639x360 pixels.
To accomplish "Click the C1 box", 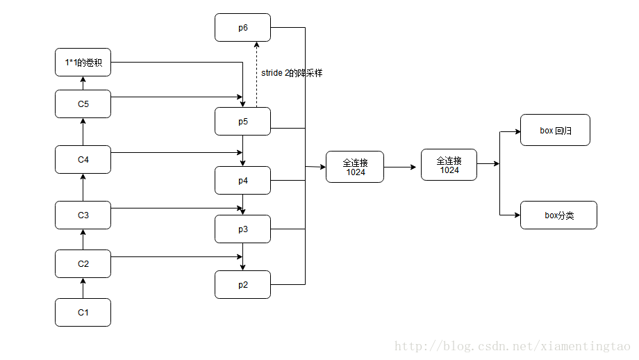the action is coord(83,312).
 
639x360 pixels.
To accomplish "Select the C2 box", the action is coord(83,264).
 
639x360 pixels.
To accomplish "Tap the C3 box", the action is coord(83,215).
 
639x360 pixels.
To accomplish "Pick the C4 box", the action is coord(83,159).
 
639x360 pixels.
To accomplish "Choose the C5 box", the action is coord(83,104).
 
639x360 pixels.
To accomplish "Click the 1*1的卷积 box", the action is coord(83,63).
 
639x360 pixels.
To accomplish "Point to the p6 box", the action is coord(243,27).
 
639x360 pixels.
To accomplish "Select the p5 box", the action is coord(243,122).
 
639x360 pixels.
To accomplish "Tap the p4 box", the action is coord(243,180).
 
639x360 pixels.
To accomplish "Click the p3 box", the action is coord(243,229).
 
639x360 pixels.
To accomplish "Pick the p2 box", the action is coord(243,284).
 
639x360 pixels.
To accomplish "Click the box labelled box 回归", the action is coord(555,130).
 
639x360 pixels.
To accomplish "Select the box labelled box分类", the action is coord(558,215).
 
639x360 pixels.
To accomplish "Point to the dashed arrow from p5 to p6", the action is coord(256,74).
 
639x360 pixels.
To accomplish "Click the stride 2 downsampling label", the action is coord(292,73).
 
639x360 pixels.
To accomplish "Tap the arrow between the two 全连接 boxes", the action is coord(400,167).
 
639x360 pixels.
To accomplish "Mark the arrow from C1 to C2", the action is coord(83,288).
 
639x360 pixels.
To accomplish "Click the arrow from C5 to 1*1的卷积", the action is coord(83,83).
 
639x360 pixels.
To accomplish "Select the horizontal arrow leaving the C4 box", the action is coord(177,152).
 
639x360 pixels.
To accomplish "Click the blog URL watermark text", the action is coord(513,346).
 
